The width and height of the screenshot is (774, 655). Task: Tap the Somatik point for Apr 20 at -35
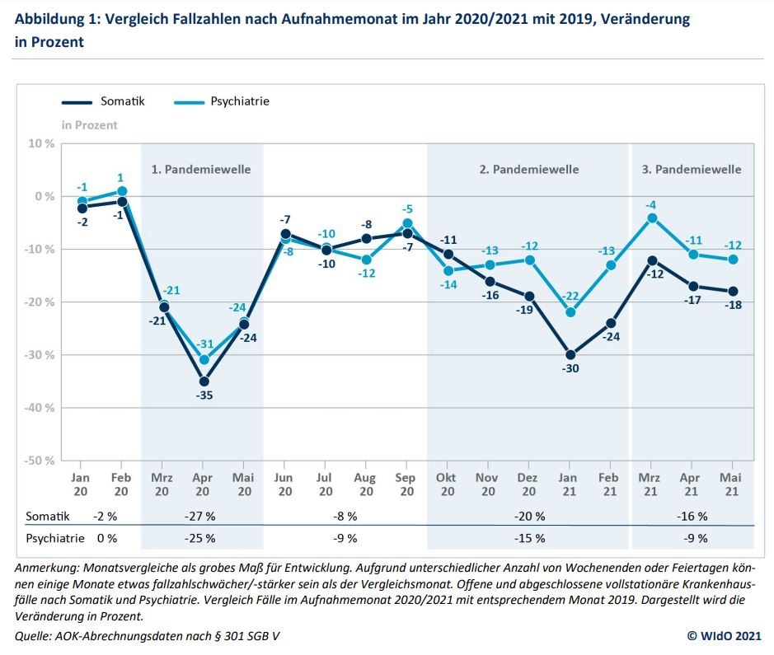[x=204, y=381]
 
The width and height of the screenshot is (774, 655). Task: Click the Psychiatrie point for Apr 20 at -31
[x=204, y=360]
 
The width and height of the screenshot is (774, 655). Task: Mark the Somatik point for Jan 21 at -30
[x=569, y=355]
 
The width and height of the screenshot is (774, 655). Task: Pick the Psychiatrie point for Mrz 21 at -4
[x=651, y=218]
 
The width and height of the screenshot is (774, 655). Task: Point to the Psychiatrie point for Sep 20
[x=407, y=222]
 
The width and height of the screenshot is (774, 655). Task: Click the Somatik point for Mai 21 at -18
[x=732, y=292]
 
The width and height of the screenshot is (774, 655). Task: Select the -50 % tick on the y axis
[x=38, y=460]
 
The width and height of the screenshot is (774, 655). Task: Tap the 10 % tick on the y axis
[x=41, y=143]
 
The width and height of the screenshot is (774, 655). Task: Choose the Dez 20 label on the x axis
[x=528, y=484]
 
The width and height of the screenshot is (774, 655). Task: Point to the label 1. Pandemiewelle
[x=201, y=169]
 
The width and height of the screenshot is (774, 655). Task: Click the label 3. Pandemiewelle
[x=692, y=169]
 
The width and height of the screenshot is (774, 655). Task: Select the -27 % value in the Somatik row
[x=201, y=517]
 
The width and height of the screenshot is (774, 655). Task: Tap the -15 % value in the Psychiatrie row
[x=528, y=538]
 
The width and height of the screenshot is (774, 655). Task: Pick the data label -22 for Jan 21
[x=569, y=297]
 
